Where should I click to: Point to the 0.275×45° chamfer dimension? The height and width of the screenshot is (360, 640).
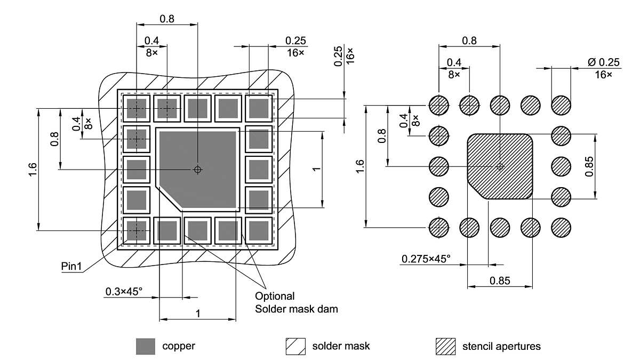click(426, 259)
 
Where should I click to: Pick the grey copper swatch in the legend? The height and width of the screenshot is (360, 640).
click(145, 346)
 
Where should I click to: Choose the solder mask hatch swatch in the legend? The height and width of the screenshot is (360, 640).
click(295, 346)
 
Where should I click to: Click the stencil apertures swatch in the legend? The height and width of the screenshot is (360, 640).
click(445, 346)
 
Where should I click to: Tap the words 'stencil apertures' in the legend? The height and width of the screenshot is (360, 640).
click(501, 346)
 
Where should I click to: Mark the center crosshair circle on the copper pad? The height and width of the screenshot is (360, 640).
click(197, 170)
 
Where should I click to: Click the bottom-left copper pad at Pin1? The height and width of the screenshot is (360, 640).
click(137, 231)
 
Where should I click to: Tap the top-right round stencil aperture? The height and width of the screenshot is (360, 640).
click(561, 105)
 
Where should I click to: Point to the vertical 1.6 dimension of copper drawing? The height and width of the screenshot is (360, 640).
click(33, 170)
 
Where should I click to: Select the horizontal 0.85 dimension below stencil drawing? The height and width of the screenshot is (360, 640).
click(500, 279)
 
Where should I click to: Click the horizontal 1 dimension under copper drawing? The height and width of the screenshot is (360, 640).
click(197, 314)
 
